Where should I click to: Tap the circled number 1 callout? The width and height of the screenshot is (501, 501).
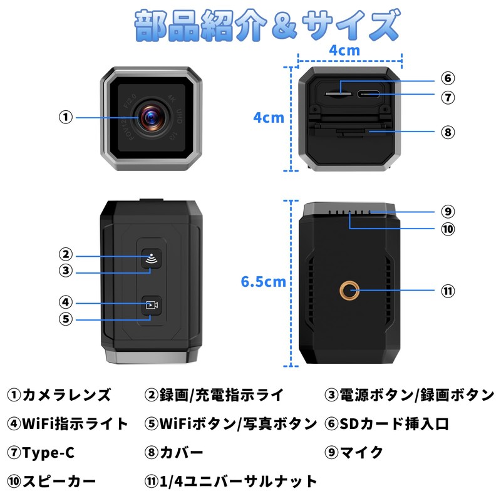66,117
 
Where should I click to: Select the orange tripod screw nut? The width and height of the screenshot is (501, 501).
349,290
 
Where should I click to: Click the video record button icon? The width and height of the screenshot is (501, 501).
151,306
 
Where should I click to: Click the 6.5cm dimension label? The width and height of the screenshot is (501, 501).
264,282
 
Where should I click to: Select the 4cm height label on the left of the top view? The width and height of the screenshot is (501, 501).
268,117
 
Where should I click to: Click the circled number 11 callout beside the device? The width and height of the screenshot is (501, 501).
447,291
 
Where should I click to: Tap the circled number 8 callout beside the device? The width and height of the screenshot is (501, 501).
447,132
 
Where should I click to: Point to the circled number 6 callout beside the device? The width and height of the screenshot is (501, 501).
447,78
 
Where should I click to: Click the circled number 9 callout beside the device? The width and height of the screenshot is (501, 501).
447,212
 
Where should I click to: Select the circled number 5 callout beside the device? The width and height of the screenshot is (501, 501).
66,319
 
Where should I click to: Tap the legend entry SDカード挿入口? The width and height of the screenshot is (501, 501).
395,424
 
